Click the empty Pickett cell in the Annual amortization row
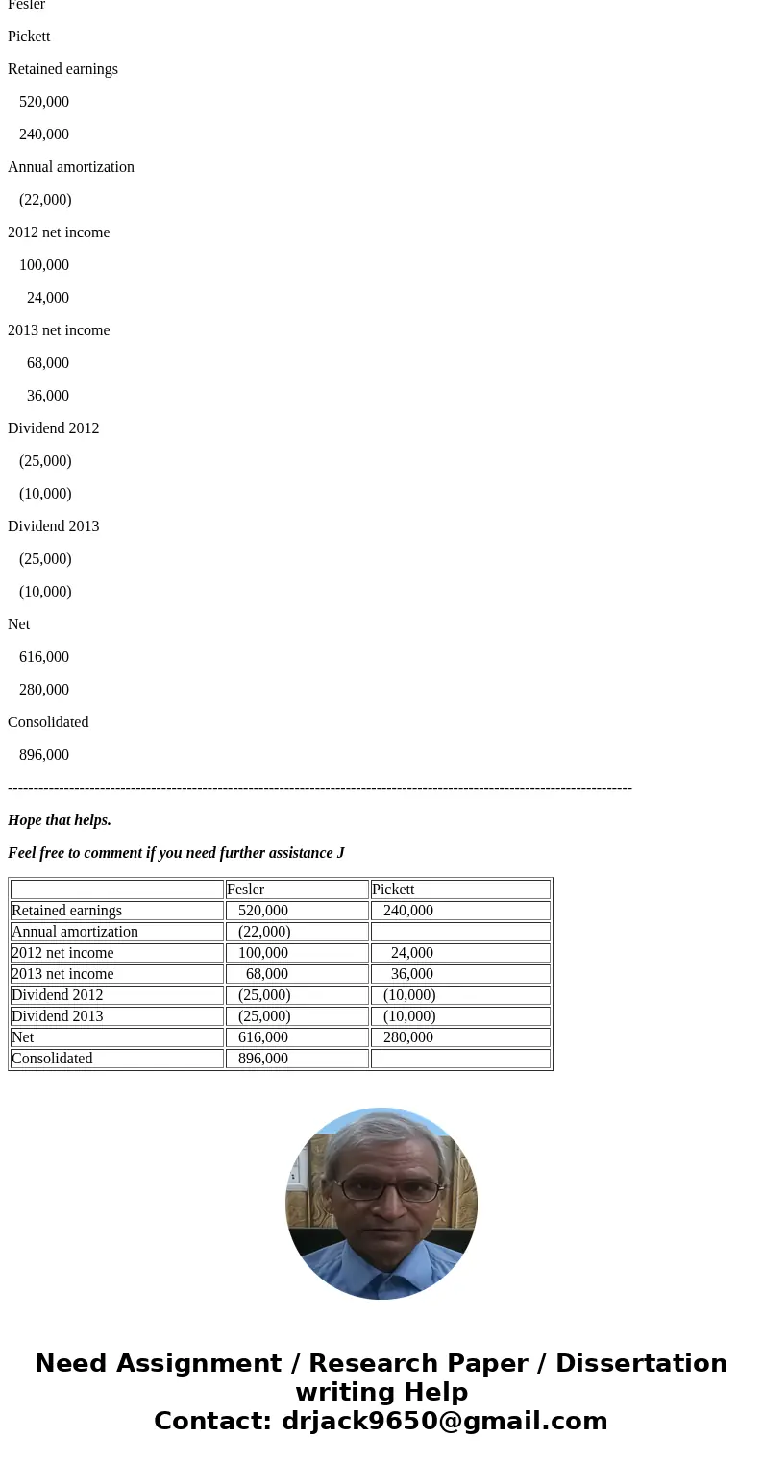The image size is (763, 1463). tap(459, 932)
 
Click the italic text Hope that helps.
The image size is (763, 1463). tap(60, 820)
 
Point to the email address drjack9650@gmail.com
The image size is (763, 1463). tap(444, 1421)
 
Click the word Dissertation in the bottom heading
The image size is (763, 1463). tap(641, 1363)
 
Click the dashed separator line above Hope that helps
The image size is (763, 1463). tap(319, 788)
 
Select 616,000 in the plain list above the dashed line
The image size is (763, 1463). tap(44, 657)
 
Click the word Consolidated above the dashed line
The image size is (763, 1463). tap(48, 722)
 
